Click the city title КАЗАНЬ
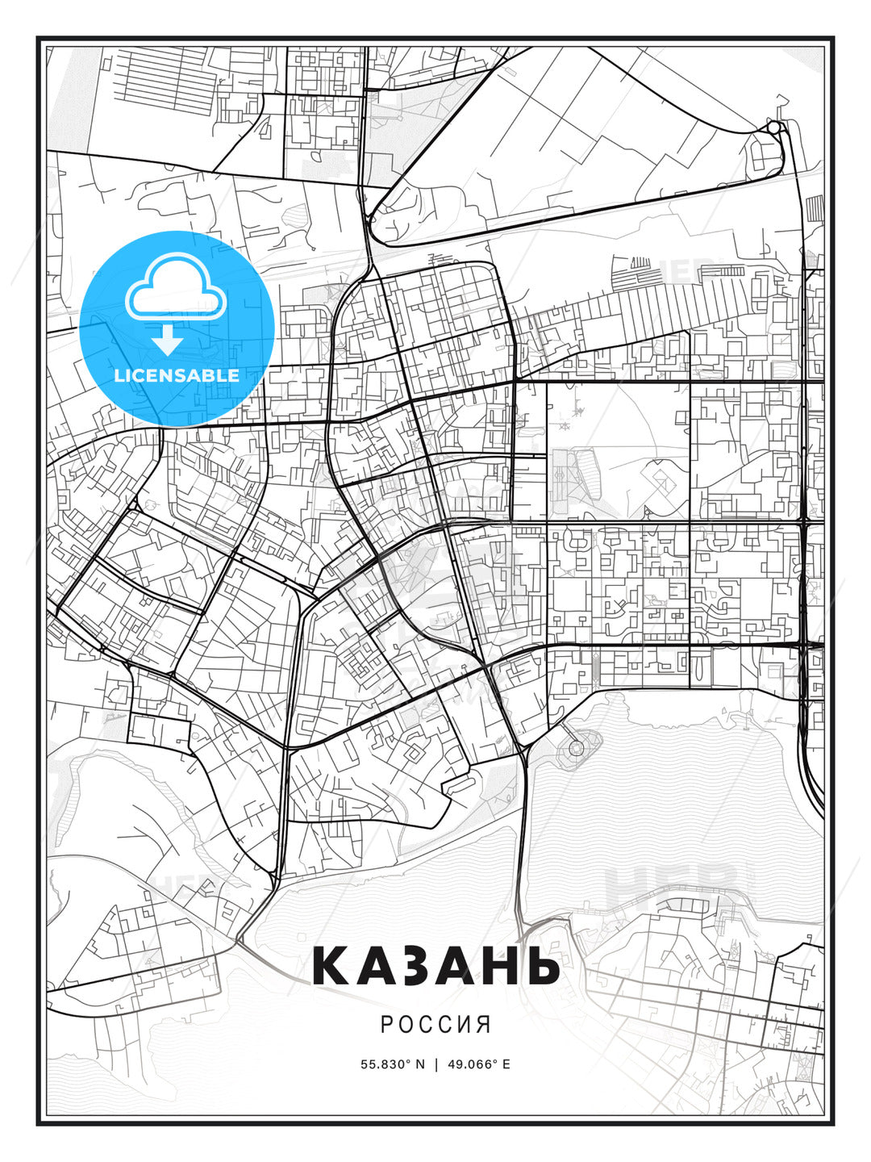tap(435, 965)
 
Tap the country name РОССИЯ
tap(435, 1024)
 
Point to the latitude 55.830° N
tap(393, 1064)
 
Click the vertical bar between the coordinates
tap(436, 1064)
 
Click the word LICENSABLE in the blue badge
tap(177, 375)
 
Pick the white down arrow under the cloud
tap(167, 340)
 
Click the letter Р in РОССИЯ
tap(386, 1024)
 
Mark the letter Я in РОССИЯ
tap(484, 1024)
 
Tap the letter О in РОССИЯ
tap(405, 1024)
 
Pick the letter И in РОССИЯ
tap(465, 1024)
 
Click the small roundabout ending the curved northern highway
tap(773, 127)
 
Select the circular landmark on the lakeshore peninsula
tap(576, 748)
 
